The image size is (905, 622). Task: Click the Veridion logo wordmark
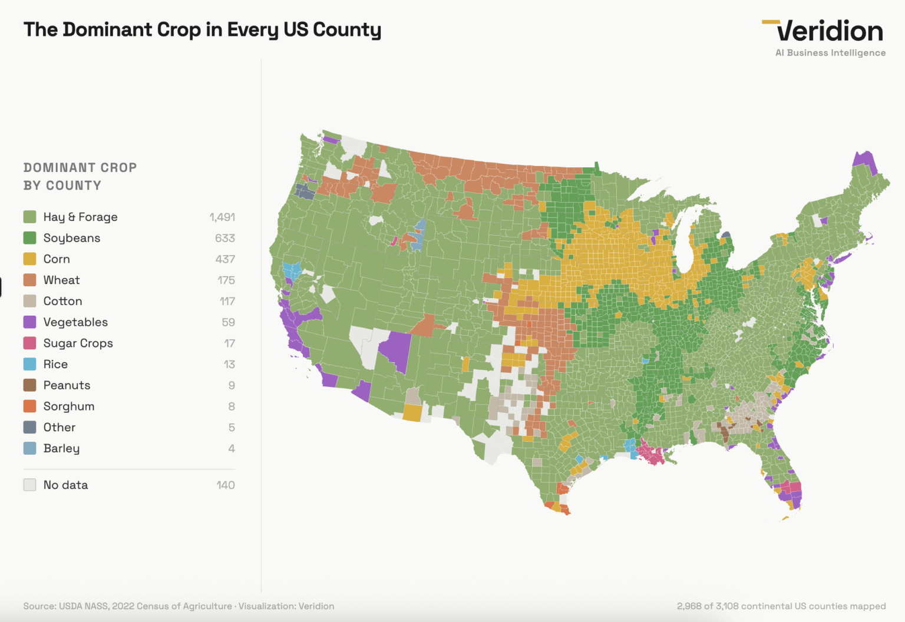click(830, 31)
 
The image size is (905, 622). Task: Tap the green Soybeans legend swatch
click(29, 238)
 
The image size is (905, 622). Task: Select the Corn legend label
click(57, 259)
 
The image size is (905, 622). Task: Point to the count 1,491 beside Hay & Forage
click(222, 217)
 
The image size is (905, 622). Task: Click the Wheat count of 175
click(226, 280)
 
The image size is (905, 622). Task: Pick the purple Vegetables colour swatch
click(29, 322)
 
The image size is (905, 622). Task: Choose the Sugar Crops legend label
click(78, 343)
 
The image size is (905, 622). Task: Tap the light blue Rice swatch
click(29, 364)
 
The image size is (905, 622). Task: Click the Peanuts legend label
click(67, 385)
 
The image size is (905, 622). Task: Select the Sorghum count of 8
click(232, 406)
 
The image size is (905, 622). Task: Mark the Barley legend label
click(61, 448)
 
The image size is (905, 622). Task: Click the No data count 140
click(226, 485)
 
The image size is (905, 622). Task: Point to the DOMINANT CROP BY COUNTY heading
click(80, 177)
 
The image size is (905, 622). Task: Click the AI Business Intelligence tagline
click(830, 53)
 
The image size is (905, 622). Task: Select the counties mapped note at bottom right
click(781, 606)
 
